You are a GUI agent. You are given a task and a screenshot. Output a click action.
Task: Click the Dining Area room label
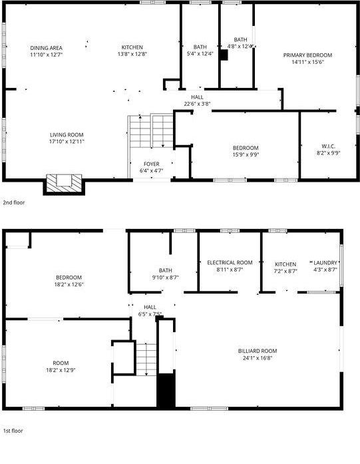point(47,47)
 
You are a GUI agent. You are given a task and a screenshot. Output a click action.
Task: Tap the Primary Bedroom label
point(307,55)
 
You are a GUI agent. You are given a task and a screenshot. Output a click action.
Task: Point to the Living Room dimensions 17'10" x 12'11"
point(67,141)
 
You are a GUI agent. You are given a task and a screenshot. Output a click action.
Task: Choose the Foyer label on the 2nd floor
point(152,163)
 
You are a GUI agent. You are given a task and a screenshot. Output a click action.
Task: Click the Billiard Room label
point(258,351)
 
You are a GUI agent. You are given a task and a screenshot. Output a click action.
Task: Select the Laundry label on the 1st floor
point(325,263)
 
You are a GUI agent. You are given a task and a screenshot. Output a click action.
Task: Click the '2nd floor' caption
point(14,202)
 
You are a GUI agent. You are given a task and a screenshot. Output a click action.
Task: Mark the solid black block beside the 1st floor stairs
point(165,391)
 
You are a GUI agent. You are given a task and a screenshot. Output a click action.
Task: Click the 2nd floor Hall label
point(197,97)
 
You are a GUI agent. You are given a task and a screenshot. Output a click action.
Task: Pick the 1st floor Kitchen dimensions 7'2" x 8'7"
point(285,271)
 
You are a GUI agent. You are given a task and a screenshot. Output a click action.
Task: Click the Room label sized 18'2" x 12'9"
point(59,362)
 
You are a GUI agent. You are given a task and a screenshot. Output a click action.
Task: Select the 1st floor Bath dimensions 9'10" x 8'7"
point(165,277)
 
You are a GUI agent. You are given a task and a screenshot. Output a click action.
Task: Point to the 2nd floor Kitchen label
point(132,47)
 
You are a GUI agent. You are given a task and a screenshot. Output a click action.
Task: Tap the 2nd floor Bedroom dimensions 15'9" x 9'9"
point(246,154)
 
